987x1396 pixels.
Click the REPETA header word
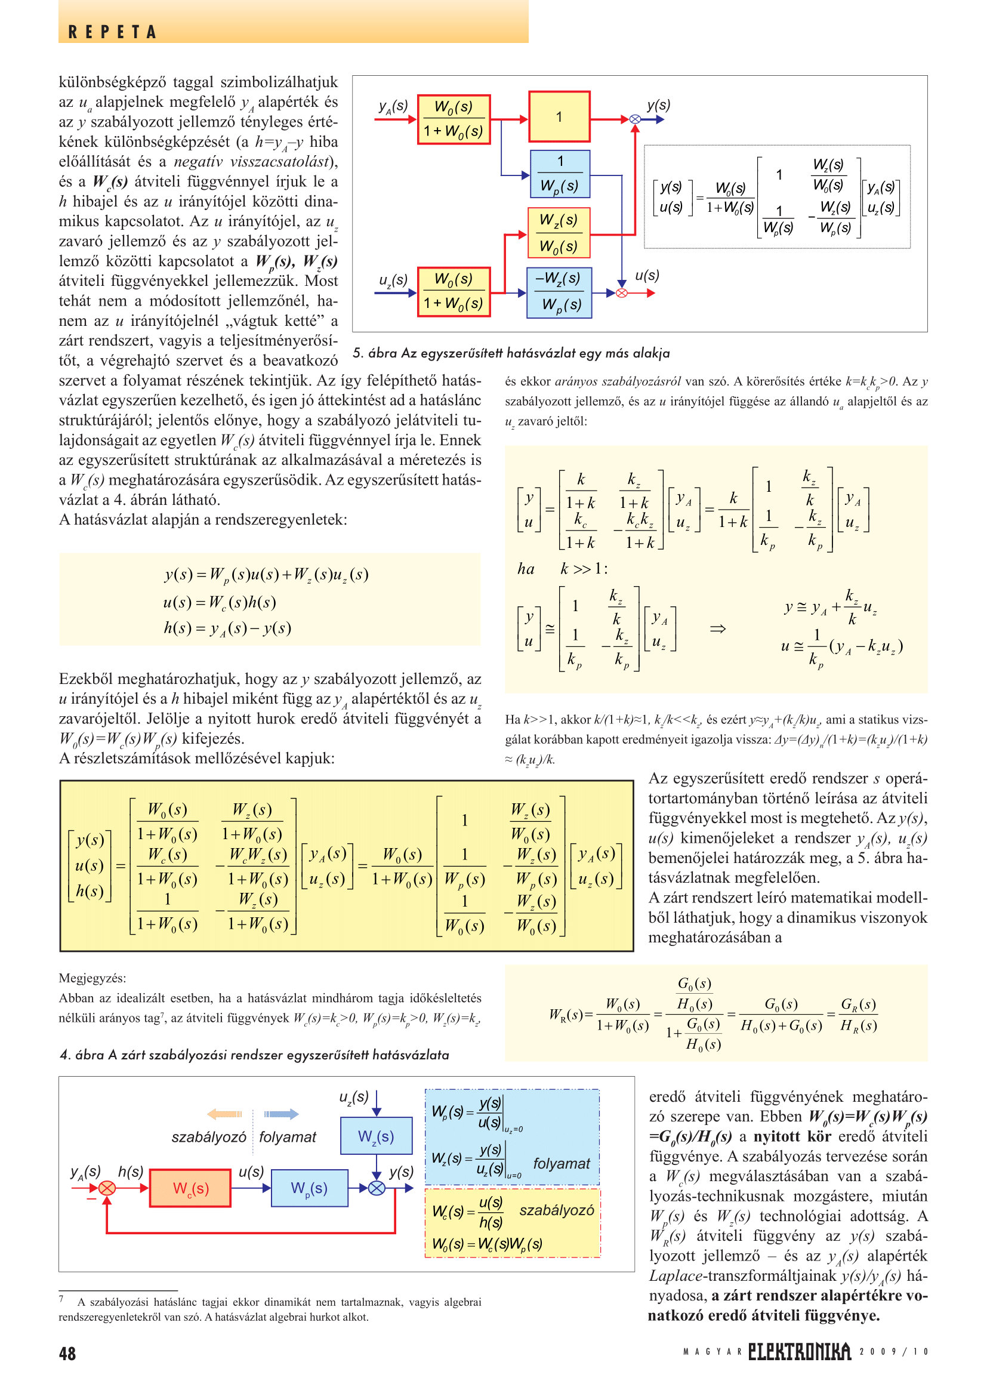pos(112,32)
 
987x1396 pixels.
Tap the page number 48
pos(67,1354)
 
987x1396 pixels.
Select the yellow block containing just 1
pos(559,117)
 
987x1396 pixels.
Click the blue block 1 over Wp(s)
pos(560,174)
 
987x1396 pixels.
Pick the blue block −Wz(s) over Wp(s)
pos(559,292)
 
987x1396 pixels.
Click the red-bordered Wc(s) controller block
pos(190,1188)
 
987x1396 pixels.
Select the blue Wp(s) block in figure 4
pos(309,1188)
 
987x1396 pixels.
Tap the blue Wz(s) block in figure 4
pos(375,1136)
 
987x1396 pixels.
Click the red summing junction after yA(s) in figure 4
pos(107,1188)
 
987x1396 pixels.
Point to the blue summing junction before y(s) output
pos(377,1188)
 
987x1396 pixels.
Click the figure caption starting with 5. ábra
pos(511,353)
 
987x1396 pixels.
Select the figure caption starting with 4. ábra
pos(255,1055)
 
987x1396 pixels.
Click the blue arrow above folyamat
pos(282,1114)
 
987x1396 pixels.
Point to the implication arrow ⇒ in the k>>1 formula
pos(717,628)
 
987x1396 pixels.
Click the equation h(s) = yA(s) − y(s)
pos(227,628)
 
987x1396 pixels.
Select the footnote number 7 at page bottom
pos(61,1299)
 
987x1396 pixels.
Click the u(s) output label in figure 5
pos(647,275)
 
